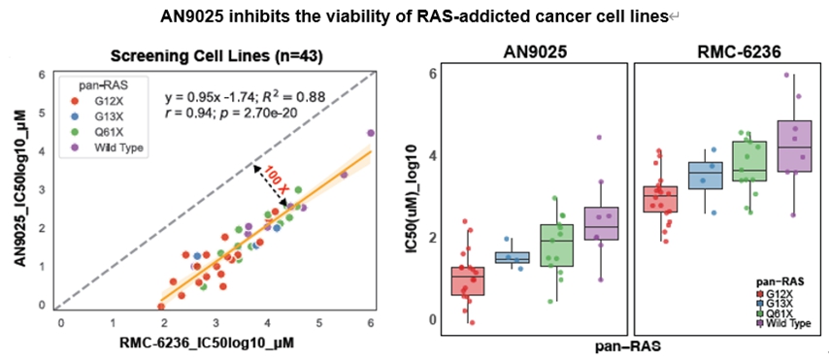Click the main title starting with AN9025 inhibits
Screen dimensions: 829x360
[x=414, y=16]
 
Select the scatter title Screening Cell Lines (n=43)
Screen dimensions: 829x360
[x=216, y=56]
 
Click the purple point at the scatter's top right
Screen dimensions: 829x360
[x=371, y=133]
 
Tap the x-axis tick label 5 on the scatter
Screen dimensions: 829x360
[x=318, y=322]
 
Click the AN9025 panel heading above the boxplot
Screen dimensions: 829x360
[x=534, y=51]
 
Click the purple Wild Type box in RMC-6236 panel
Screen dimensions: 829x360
[x=795, y=146]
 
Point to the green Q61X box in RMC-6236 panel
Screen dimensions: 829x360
[x=749, y=161]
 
